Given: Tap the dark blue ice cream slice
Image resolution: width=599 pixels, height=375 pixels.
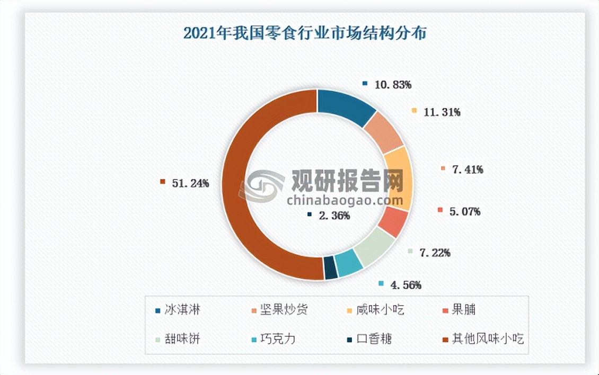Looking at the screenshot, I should click(345, 106).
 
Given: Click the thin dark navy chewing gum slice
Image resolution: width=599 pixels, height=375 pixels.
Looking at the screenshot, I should click(330, 267).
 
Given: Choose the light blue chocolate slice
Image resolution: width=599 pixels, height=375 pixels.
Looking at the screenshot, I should click(350, 262).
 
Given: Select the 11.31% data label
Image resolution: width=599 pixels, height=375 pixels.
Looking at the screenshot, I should click(442, 112).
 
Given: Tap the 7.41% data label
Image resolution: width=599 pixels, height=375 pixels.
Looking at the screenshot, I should click(467, 169).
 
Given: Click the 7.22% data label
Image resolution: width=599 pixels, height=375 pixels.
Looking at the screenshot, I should click(435, 253).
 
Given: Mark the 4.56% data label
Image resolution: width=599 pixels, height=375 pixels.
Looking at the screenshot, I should click(406, 285).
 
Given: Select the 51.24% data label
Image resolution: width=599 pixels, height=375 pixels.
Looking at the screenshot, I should click(190, 183).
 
